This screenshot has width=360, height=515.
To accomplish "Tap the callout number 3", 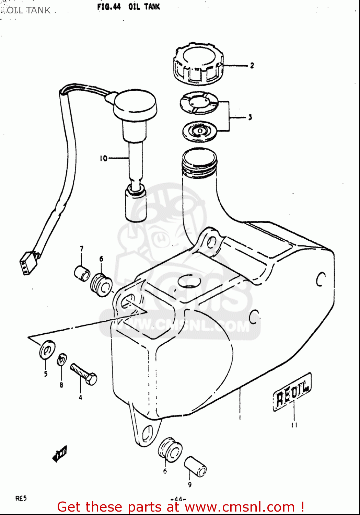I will pos(250,117).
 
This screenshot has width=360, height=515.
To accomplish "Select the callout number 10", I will pos(103,158).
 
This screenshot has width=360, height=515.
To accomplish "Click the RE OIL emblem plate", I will pos(292,392).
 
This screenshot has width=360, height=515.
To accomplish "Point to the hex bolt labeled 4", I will pos(84,374).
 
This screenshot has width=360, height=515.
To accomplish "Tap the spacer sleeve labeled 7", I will pos(82,273).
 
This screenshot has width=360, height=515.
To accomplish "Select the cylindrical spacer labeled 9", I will pos(196,467).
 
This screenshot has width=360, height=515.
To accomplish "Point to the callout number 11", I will pos(294,425).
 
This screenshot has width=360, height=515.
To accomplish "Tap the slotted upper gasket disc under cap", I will pos(199,103).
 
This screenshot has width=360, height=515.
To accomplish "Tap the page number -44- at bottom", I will pos(178,499).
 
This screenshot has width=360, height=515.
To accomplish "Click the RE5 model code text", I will pos(21,499).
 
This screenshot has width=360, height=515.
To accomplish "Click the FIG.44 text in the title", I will pos(109,7).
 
